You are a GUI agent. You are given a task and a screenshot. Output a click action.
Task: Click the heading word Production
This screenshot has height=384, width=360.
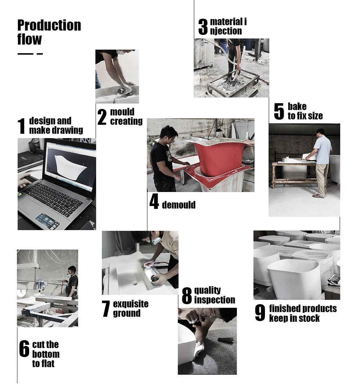pyautogui.click(x=49, y=25)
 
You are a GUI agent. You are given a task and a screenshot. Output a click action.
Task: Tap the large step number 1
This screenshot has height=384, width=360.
pyautogui.click(x=22, y=126)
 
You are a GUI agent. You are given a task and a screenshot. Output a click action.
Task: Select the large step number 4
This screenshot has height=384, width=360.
pyautogui.click(x=154, y=201)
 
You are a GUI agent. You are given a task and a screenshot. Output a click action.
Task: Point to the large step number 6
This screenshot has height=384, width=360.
pyautogui.click(x=24, y=348)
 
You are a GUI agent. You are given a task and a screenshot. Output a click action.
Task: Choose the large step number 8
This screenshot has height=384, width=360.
pyautogui.click(x=187, y=296)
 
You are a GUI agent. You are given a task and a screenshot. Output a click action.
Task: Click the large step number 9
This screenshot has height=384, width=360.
pyautogui.click(x=260, y=312)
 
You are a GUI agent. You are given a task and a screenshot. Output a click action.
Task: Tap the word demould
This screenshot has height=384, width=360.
pyautogui.click(x=179, y=205)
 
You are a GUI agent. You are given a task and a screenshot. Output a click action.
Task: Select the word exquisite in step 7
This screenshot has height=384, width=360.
pyautogui.click(x=131, y=304)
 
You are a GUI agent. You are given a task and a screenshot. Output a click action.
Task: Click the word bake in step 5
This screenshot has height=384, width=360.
pyautogui.click(x=297, y=106)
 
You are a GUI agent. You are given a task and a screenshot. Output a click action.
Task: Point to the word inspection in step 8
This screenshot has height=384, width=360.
pyautogui.click(x=215, y=300)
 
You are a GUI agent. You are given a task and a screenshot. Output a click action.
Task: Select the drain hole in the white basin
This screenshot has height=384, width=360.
pyautogui.click(x=135, y=284)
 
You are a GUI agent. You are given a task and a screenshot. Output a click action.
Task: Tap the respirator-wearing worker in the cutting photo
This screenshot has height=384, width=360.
pyautogui.click(x=72, y=282)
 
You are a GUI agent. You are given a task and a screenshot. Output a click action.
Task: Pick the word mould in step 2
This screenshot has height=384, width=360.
pyautogui.click(x=122, y=112)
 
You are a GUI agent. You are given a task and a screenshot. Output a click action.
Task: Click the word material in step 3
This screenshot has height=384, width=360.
pyautogui.click(x=226, y=22)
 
